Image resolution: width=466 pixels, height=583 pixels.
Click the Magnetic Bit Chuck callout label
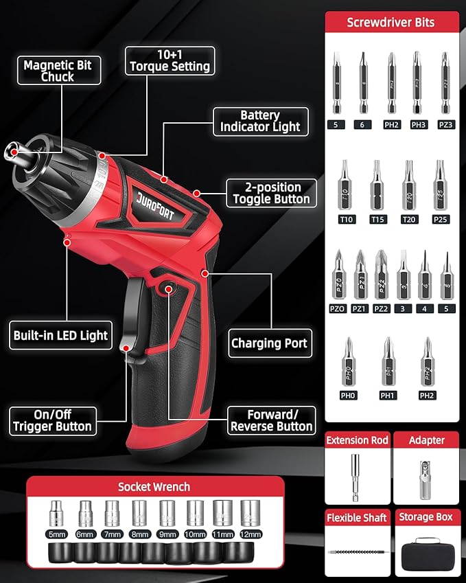pyautogui.click(x=57, y=71)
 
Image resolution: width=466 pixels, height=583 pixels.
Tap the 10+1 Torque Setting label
pyautogui.click(x=170, y=60)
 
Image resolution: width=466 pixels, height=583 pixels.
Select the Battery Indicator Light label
pyautogui.click(x=260, y=122)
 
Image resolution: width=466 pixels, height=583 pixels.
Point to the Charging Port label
pyautogui.click(x=269, y=343)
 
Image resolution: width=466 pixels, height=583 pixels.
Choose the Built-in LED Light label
pyautogui.click(x=60, y=336)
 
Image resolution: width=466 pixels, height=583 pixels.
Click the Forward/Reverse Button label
pyautogui.click(x=271, y=420)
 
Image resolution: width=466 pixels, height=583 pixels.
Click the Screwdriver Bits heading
pyautogui.click(x=391, y=22)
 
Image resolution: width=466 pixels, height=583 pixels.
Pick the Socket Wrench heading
pyautogui.click(x=154, y=487)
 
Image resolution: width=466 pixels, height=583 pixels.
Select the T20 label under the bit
pyautogui.click(x=409, y=219)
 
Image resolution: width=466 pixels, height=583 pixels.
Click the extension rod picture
pyautogui.click(x=356, y=474)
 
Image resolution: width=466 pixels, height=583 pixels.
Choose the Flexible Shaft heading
pyautogui.click(x=357, y=517)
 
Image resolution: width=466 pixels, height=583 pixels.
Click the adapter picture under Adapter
pyautogui.click(x=425, y=473)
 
